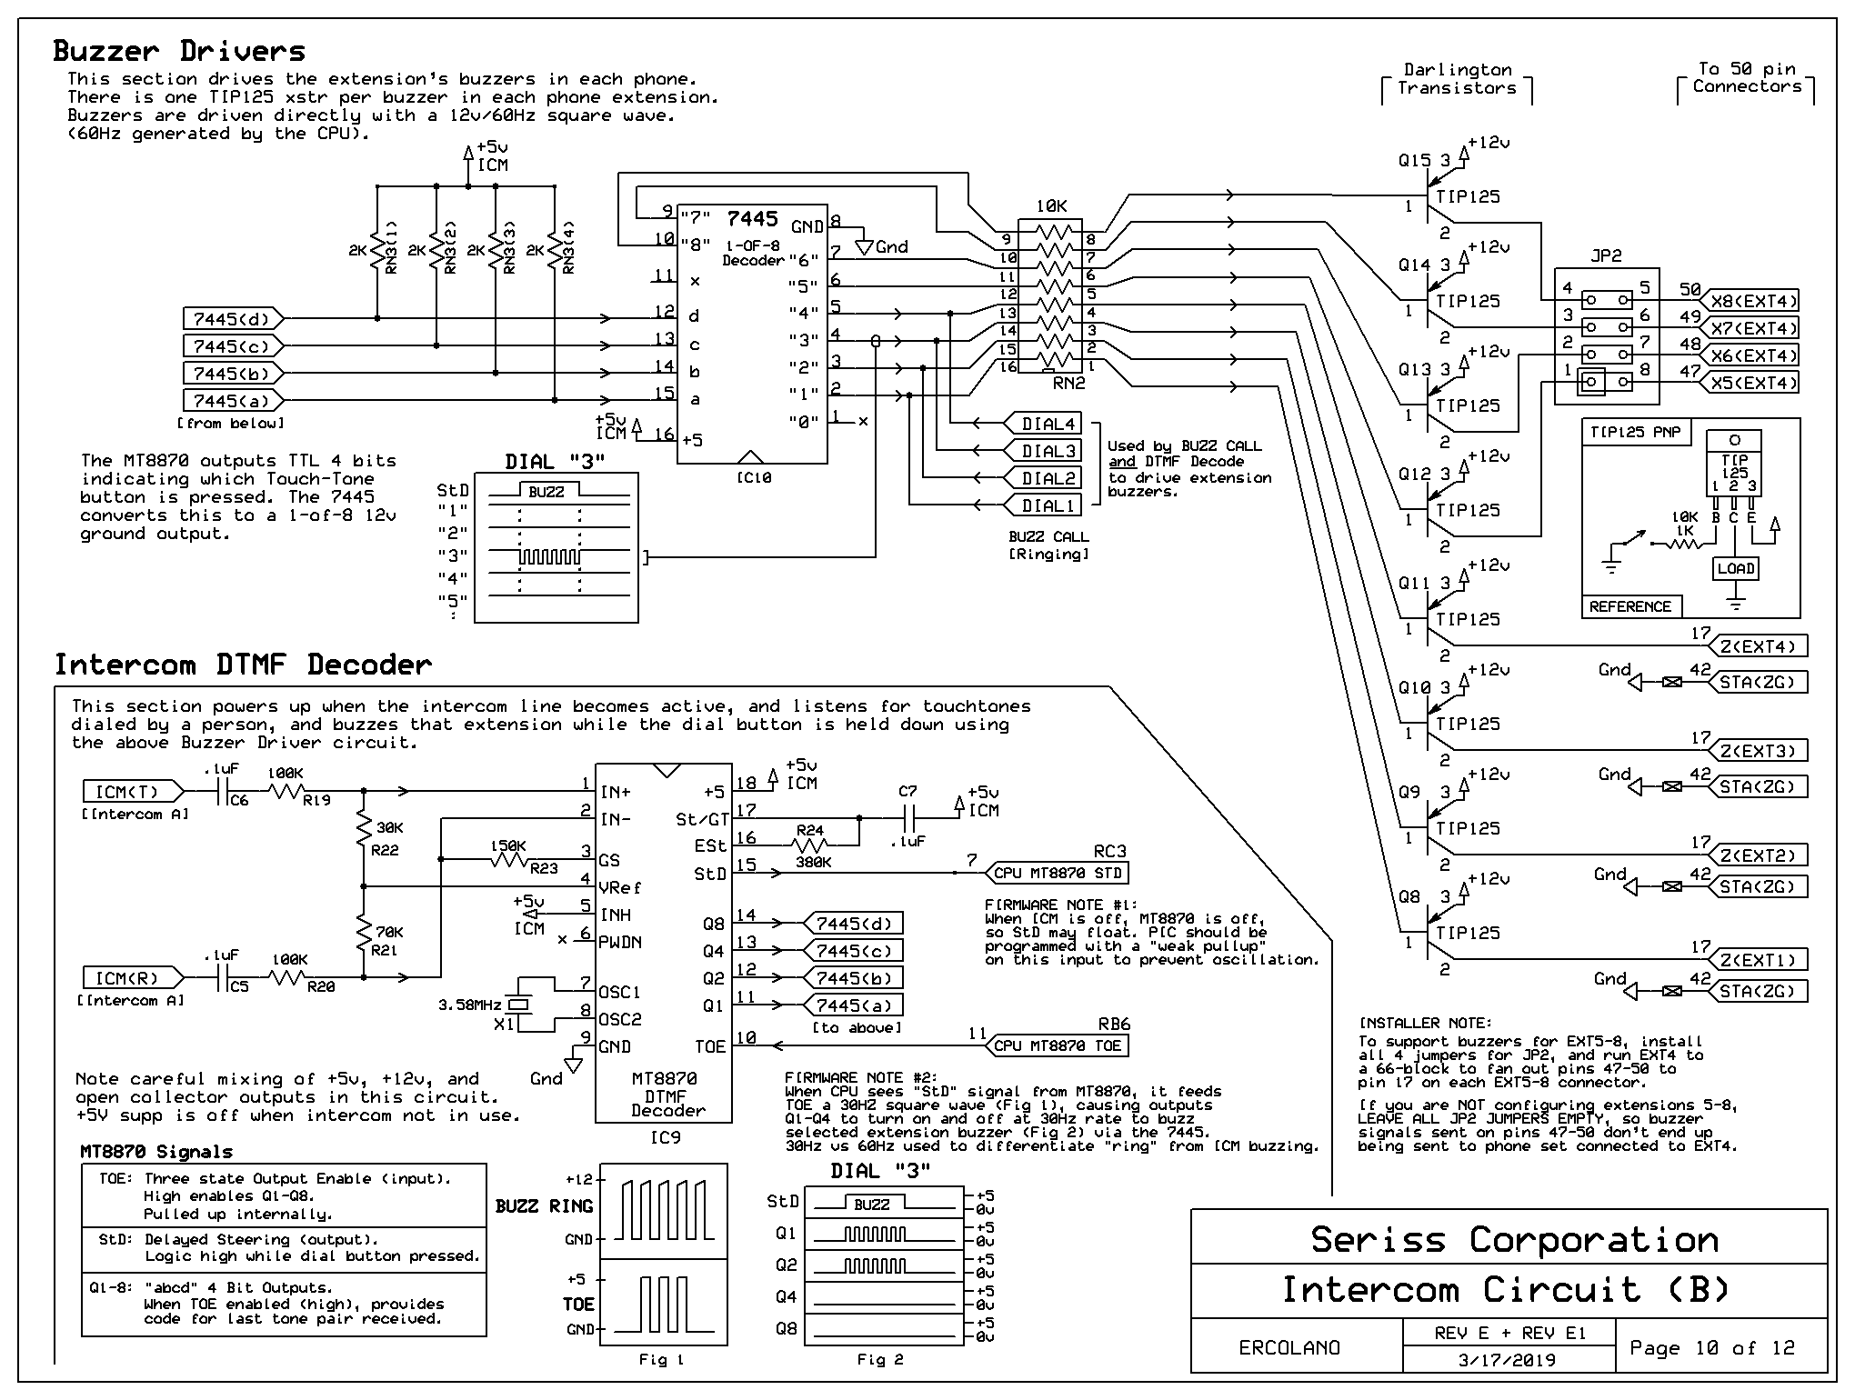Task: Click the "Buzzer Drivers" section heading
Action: pos(179,51)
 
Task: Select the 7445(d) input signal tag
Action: pos(232,319)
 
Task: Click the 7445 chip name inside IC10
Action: pos(752,219)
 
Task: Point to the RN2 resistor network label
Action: pos(1069,384)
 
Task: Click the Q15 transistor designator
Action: pos(1415,161)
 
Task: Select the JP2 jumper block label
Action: pos(1606,255)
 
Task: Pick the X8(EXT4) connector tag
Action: pos(1752,301)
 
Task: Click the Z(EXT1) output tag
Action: pos(1758,960)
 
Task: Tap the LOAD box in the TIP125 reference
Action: pos(1735,569)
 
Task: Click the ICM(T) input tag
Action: pos(126,792)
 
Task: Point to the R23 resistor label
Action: pos(544,868)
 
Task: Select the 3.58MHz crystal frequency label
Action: pos(469,1005)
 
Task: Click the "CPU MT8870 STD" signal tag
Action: pos(1058,874)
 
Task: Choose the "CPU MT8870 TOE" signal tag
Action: pos(1057,1045)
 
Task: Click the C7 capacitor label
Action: pos(907,792)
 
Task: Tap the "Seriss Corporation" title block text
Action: pos(1513,1240)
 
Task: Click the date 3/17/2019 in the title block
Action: pos(1507,1360)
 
